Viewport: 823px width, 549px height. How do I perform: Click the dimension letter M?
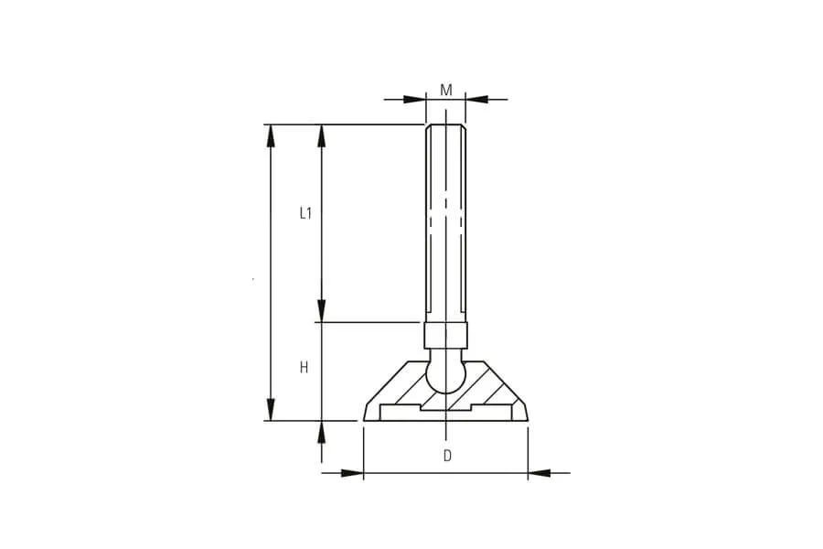(x=445, y=91)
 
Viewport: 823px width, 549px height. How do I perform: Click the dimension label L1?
(x=305, y=213)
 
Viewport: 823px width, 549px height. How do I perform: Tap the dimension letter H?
(x=304, y=368)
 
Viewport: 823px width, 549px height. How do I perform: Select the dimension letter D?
(x=447, y=456)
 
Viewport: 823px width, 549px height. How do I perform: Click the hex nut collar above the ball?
(x=445, y=335)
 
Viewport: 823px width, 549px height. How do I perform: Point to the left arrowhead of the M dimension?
(x=414, y=99)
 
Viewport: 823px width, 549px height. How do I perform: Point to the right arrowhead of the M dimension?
(x=476, y=99)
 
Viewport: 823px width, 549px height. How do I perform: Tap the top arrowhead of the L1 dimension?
(x=322, y=135)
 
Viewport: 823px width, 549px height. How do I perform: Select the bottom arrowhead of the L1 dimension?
(x=322, y=310)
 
